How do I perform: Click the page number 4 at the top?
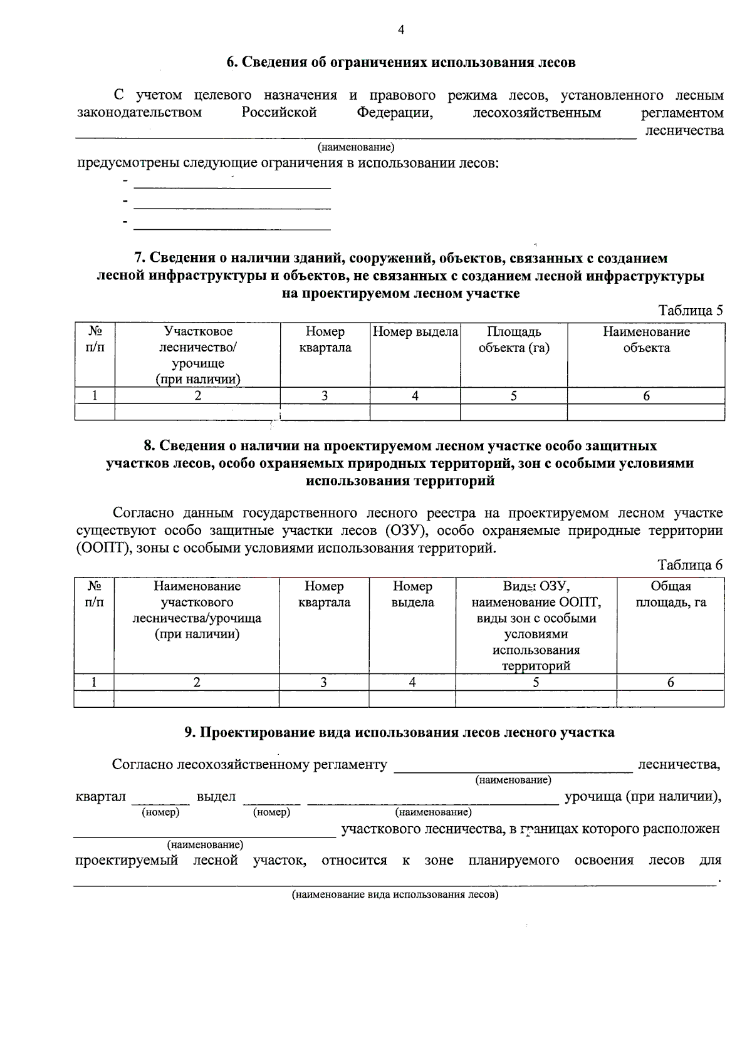pos(401,29)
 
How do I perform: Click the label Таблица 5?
pos(691,311)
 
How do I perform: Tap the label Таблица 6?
pos(690,565)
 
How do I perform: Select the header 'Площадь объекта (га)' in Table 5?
pos(514,340)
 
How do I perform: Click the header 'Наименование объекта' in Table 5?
pos(646,340)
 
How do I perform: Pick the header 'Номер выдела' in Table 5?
pos(415,332)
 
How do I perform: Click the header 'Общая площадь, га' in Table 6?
pos(671,594)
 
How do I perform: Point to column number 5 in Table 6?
pos(536,683)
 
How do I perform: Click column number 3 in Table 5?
pos(325,396)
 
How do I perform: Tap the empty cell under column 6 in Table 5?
pos(646,412)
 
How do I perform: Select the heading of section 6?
pos(400,63)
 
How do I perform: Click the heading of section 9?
pos(399,732)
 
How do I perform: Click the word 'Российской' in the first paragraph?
pos(279,113)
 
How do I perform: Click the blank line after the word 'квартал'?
pos(160,802)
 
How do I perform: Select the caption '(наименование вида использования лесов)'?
pos(395,894)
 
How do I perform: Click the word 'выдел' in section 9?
pos(216,797)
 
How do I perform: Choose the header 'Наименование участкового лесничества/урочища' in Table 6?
pos(197,610)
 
